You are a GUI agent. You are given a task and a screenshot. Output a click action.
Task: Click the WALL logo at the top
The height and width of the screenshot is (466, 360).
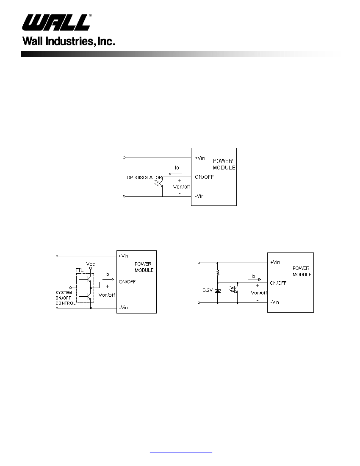[56, 22]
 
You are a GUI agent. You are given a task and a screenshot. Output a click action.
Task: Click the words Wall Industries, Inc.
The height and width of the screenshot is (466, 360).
[69, 41]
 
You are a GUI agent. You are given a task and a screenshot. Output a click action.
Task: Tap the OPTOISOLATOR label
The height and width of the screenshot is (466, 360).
[144, 178]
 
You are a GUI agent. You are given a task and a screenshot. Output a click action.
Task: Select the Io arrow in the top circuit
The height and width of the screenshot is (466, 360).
[175, 174]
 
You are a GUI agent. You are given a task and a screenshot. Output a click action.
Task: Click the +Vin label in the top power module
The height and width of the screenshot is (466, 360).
[200, 158]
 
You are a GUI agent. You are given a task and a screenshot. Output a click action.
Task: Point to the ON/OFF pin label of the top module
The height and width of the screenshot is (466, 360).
[205, 177]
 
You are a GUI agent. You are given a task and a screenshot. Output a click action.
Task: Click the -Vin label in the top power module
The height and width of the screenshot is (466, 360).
[199, 196]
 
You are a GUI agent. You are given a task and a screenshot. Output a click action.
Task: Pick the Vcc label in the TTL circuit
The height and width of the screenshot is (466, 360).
[91, 264]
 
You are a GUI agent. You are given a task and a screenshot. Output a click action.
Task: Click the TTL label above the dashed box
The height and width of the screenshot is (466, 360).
[79, 270]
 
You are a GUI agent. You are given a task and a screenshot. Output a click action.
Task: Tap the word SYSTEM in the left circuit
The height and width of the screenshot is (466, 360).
[64, 293]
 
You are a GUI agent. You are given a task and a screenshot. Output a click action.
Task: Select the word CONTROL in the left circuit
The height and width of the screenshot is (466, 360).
[65, 303]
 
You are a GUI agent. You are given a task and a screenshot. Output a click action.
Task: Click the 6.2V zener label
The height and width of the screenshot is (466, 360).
[208, 290]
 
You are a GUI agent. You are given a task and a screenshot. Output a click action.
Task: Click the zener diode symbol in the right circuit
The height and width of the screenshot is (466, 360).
[218, 290]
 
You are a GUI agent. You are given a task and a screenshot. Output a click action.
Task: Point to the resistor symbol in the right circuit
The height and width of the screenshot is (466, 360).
[218, 272]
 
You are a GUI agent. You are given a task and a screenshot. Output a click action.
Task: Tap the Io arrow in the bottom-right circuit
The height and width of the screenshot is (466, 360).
[255, 279]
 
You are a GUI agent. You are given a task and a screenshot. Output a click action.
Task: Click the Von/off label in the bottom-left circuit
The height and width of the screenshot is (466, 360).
[107, 295]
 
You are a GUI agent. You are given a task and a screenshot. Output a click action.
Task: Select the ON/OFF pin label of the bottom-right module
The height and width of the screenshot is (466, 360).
[278, 283]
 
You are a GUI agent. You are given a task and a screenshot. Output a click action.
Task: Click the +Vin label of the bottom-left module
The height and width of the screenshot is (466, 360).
[123, 256]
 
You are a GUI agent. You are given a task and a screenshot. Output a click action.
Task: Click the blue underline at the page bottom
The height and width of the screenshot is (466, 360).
[181, 452]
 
